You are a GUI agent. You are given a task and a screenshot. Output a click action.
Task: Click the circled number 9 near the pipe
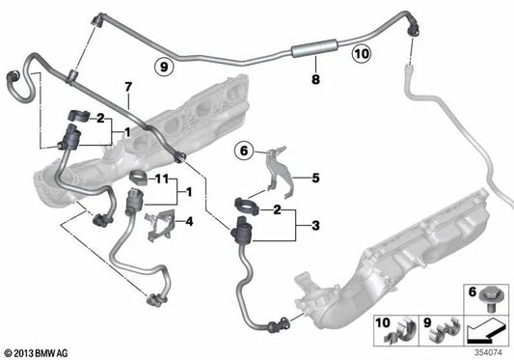tap(165, 66)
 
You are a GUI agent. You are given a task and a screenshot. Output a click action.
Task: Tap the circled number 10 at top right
tap(358, 54)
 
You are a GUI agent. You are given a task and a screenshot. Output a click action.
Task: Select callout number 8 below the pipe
tap(314, 85)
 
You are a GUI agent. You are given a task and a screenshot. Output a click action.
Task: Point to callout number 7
tap(127, 91)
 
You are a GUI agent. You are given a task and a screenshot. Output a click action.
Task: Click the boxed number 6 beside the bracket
tap(243, 150)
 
